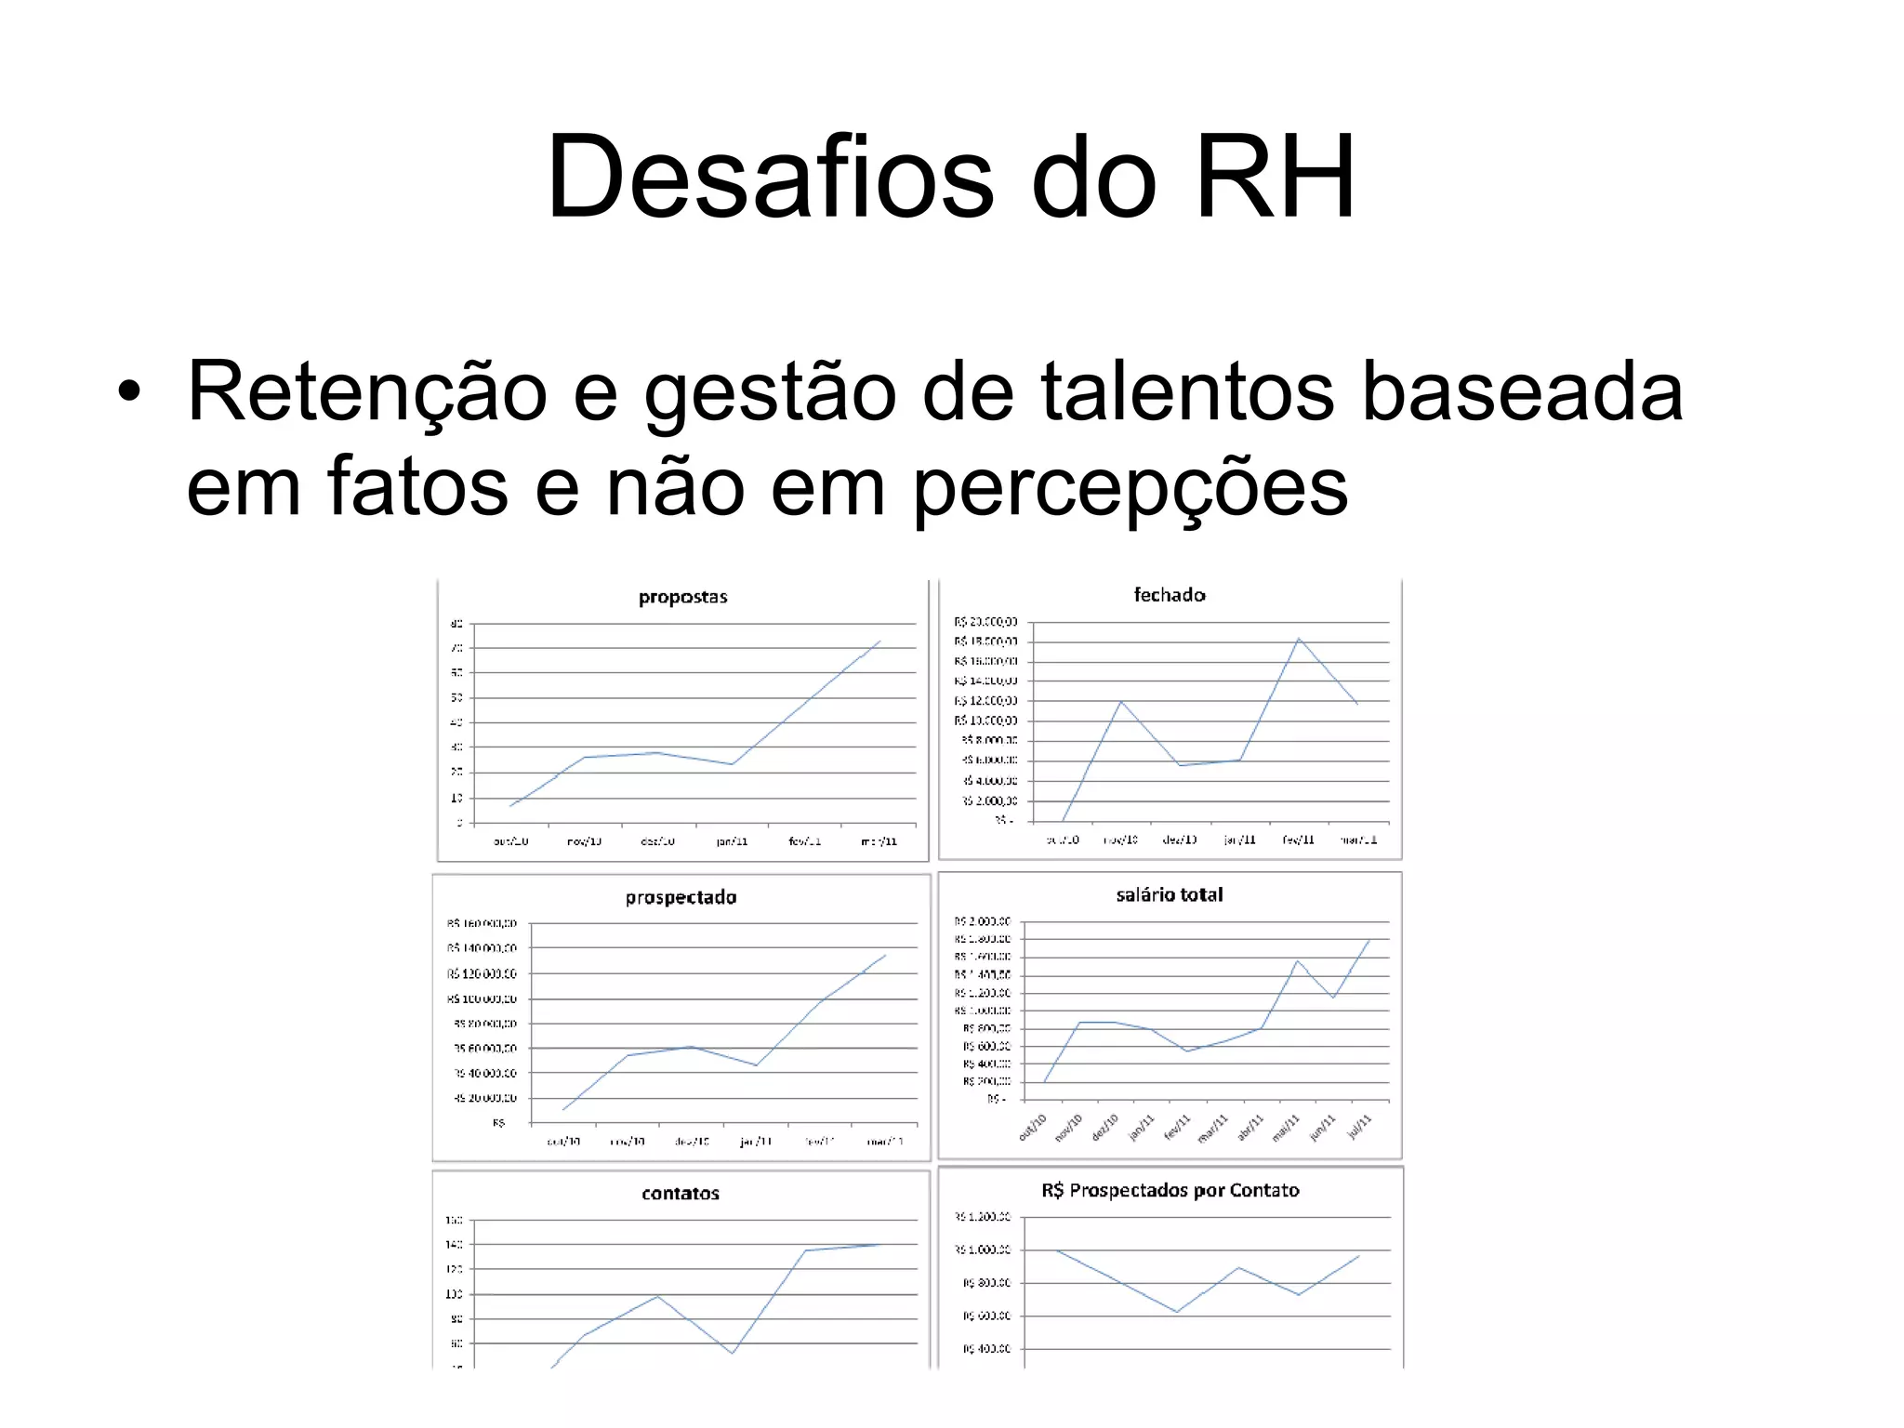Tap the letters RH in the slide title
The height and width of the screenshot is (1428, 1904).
1275,177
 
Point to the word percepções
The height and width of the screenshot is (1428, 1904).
1129,488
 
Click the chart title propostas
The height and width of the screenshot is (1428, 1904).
682,597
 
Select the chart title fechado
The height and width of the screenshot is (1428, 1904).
1169,595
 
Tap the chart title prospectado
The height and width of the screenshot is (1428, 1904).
681,897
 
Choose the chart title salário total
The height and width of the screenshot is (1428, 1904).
1169,894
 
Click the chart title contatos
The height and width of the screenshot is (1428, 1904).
680,1193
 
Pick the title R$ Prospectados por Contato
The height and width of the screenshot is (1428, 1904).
1170,1190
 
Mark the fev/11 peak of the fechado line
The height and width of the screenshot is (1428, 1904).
1298,639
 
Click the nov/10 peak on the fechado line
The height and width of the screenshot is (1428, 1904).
1121,701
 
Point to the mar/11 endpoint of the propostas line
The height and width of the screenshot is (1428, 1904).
879,641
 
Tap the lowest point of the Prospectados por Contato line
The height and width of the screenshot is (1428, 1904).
1177,1312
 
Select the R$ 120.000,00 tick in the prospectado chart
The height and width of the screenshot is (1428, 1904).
482,973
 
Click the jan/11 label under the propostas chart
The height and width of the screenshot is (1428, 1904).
732,841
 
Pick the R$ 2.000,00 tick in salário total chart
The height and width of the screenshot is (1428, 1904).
983,921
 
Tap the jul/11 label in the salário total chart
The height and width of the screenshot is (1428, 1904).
1360,1127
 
